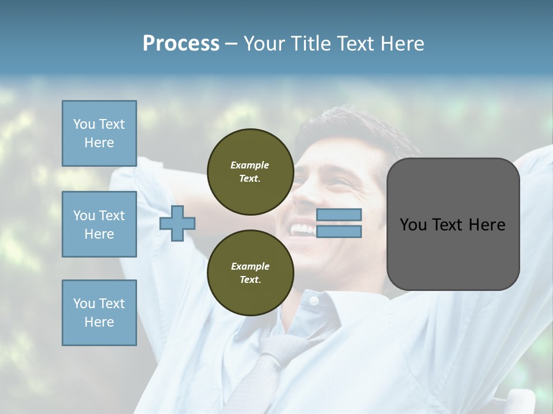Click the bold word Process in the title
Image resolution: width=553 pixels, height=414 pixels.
pos(181,44)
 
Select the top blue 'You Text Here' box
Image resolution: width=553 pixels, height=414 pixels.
pos(99,133)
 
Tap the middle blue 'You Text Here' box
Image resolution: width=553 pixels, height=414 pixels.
pos(99,224)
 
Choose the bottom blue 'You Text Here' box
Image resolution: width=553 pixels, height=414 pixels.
pos(99,313)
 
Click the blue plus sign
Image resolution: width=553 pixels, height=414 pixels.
pos(177,224)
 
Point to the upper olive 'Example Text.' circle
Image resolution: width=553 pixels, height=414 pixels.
pos(250,172)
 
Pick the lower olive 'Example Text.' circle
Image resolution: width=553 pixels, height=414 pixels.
pos(250,273)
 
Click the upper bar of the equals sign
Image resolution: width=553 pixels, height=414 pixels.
pos(339,214)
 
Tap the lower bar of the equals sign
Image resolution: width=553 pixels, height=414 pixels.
pos(339,231)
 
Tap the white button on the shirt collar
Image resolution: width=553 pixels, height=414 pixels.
pos(314,301)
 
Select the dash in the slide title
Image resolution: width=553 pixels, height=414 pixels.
pos(231,44)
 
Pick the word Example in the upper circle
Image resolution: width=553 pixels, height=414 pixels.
pos(250,165)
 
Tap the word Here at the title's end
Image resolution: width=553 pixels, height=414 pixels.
pos(403,44)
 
